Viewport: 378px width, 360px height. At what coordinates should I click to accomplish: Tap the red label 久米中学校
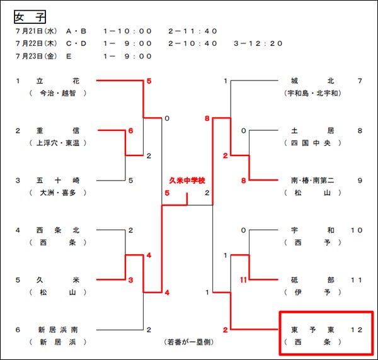(x=187, y=181)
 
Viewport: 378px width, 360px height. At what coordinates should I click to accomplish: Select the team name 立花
(x=57, y=81)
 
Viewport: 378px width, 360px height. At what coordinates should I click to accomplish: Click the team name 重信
(x=57, y=131)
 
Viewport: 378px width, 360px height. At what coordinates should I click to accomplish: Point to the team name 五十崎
(x=57, y=181)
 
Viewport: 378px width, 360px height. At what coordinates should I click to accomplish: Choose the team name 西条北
(x=57, y=230)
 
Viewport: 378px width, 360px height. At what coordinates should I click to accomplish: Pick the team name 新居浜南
(x=57, y=330)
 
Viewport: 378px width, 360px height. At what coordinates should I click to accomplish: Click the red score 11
(x=243, y=280)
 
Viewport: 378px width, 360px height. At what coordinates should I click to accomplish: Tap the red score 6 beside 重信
(x=131, y=131)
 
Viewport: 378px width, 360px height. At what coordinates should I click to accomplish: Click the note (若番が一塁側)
(x=190, y=342)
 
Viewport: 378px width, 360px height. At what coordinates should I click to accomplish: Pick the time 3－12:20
(x=258, y=43)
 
